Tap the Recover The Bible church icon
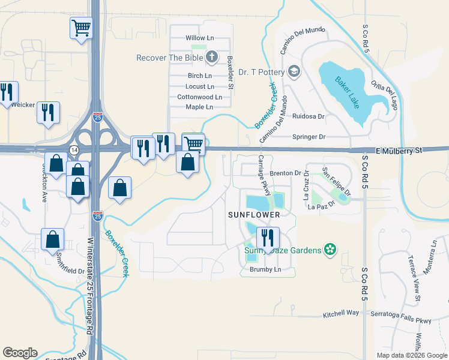[211, 58]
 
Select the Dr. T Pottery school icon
[294, 72]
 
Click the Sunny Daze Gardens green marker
[329, 249]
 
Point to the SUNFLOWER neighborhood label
[254, 214]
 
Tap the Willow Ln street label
[200, 38]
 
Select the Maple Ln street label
[199, 107]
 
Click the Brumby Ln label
[265, 270]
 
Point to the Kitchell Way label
[340, 313]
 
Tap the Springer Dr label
[309, 137]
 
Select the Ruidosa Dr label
[309, 116]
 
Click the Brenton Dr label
[285, 173]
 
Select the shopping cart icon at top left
[81, 27]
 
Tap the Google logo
[20, 353]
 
